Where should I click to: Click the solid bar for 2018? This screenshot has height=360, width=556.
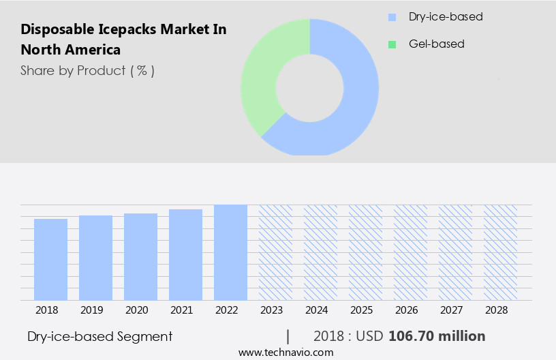pyautogui.click(x=50, y=260)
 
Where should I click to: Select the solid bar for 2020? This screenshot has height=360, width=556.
pyautogui.click(x=140, y=257)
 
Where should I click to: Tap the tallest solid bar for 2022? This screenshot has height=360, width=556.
pyautogui.click(x=230, y=252)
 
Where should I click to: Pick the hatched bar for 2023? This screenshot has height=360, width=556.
pyautogui.click(x=275, y=252)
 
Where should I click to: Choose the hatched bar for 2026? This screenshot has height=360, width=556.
pyautogui.click(x=410, y=252)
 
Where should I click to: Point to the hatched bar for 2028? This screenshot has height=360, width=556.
pyautogui.click(x=500, y=252)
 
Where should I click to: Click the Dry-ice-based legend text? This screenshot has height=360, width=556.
pyautogui.click(x=446, y=16)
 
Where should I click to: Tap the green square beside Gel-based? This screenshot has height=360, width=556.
pyautogui.click(x=392, y=44)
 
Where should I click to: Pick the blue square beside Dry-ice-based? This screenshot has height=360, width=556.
pyautogui.click(x=392, y=17)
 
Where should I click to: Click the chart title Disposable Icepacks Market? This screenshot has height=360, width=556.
pyautogui.click(x=123, y=40)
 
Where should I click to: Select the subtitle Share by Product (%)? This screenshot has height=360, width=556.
pyautogui.click(x=87, y=70)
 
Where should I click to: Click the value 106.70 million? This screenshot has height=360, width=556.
pyautogui.click(x=437, y=336)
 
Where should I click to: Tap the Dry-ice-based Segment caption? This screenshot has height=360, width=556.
pyautogui.click(x=100, y=336)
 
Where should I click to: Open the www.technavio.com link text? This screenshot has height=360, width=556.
pyautogui.click(x=285, y=352)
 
